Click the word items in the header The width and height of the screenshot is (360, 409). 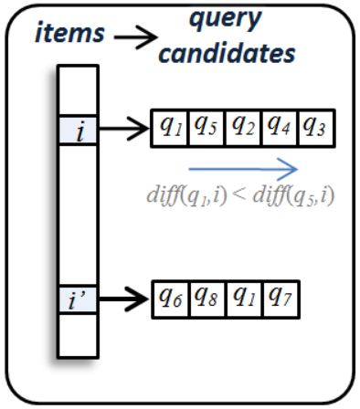coord(69,34)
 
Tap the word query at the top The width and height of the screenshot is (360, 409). coord(225,17)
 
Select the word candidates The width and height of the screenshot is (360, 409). coord(228,52)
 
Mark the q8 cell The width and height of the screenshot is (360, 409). coord(206,297)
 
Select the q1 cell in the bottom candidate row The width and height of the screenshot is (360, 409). coord(243,297)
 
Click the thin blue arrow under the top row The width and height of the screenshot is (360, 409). coord(242,167)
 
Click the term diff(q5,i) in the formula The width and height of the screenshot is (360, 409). coord(288,194)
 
